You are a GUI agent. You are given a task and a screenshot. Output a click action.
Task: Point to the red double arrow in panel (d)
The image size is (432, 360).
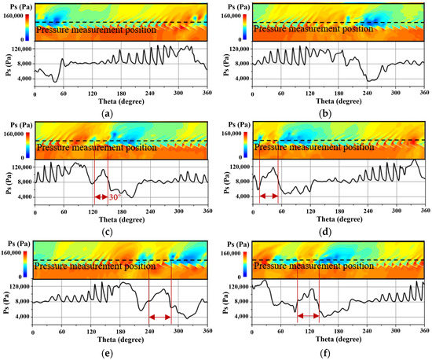pos(269,196)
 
